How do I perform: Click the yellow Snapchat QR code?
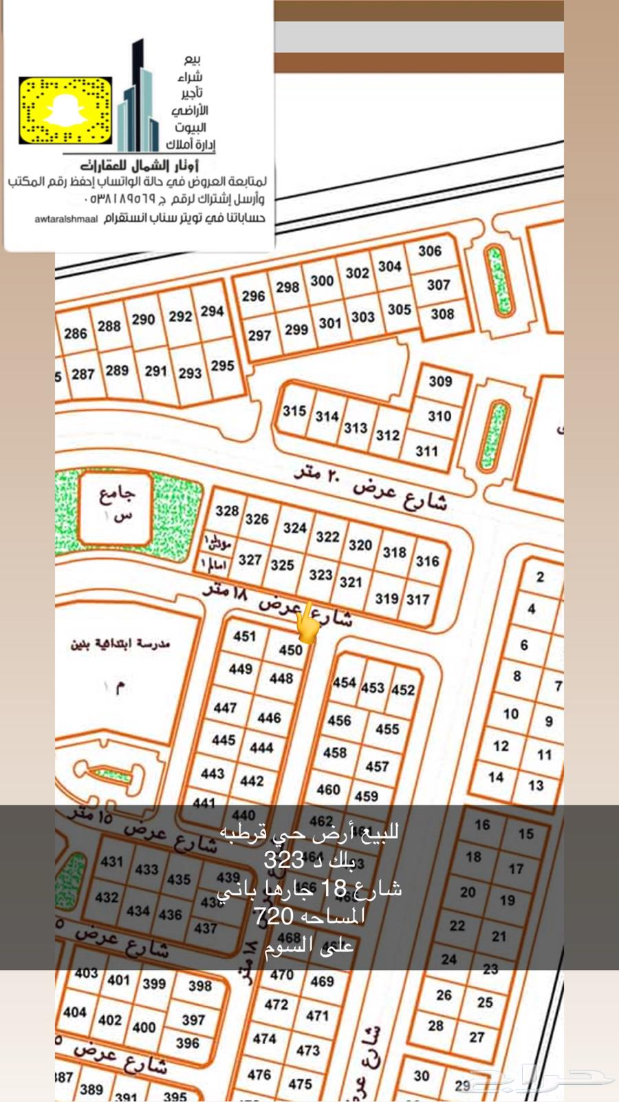pos(65,111)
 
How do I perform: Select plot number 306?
pos(430,251)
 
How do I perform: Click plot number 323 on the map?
pos(321,574)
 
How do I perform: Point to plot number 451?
pos(244,636)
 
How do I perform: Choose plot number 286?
pos(75,334)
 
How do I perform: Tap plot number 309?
pos(440,381)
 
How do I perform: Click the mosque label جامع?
pos(117,496)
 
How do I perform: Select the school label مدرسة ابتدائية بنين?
pos(120,644)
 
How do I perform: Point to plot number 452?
pos(403,690)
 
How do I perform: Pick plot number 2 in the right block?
pos(540,577)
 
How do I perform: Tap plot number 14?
pos(496,777)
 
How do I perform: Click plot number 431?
pos(111,861)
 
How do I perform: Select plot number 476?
pos(259,1074)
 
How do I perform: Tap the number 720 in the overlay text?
pos(274,916)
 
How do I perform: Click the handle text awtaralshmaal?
pos(67,220)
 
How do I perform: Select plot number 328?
pos(227,511)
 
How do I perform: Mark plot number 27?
pos(477,1037)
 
